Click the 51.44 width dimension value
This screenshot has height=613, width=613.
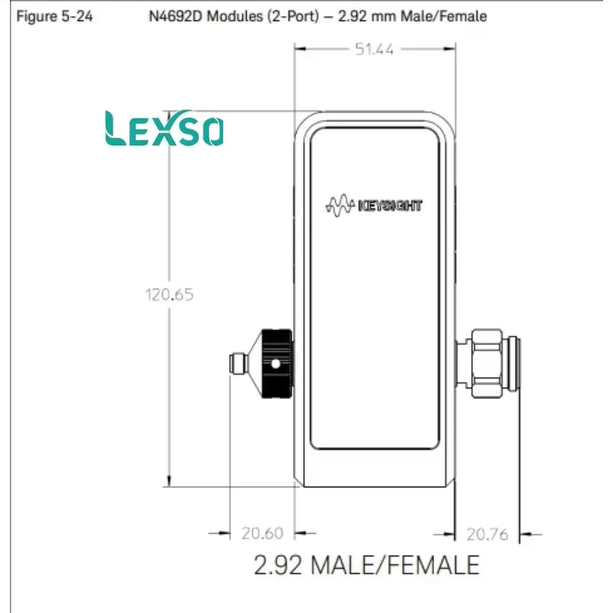click(374, 49)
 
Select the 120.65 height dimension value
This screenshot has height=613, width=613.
click(169, 295)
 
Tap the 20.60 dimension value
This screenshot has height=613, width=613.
click(262, 533)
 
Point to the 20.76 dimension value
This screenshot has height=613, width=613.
click(487, 534)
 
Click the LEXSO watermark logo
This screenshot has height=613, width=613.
click(164, 128)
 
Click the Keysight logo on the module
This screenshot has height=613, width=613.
click(374, 206)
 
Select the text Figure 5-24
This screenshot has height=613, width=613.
click(54, 17)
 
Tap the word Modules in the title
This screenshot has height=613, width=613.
click(235, 17)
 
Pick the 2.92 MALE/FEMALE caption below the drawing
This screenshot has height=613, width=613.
click(366, 565)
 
